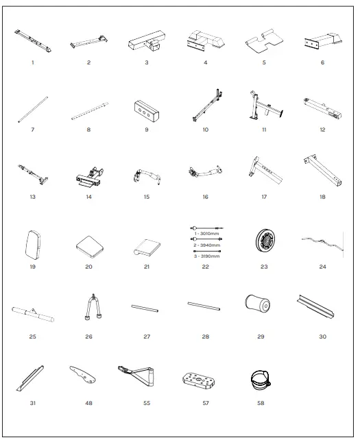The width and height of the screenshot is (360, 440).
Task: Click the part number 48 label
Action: tap(88, 403)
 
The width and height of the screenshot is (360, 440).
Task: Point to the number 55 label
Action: tap(147, 403)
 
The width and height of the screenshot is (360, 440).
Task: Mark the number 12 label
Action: tap(322, 129)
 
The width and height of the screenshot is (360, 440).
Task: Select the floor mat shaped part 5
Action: tap(263, 42)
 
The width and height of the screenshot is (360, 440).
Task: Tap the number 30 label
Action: tap(322, 337)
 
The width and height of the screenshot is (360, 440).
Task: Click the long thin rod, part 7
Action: tap(33, 110)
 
